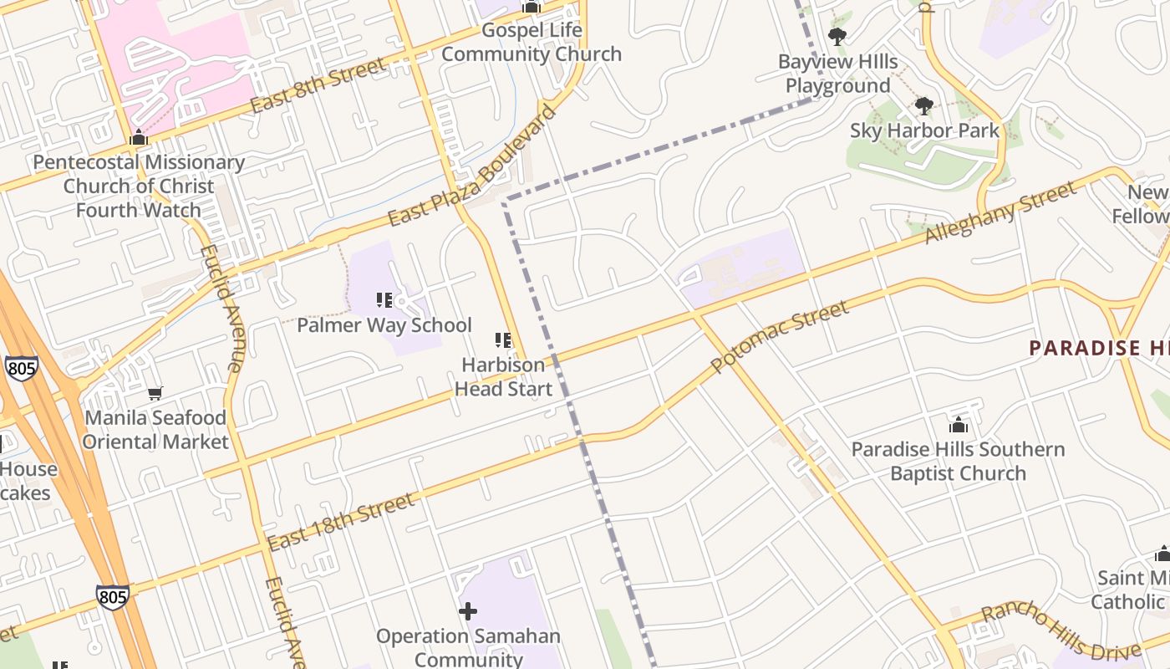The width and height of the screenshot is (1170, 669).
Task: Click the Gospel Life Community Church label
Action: (x=532, y=43)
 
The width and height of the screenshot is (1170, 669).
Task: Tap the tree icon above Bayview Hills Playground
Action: (x=837, y=36)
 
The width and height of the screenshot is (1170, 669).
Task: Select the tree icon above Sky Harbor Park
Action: (x=923, y=105)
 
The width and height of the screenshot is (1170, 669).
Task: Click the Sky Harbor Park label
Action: (x=924, y=130)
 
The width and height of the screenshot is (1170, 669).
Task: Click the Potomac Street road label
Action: (x=779, y=337)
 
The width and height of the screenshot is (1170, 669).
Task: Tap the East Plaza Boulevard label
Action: (x=471, y=166)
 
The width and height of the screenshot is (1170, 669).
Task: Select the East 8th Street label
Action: (x=318, y=84)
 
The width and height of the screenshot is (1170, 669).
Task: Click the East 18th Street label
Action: (x=341, y=522)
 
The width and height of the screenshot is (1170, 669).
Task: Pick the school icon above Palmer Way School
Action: (x=384, y=299)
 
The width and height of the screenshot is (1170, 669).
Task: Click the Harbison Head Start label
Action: (x=503, y=376)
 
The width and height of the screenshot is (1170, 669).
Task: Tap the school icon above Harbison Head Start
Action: (x=503, y=340)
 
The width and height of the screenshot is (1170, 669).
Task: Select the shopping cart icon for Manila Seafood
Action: (x=155, y=392)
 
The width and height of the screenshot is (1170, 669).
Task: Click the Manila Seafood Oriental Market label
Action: (x=155, y=429)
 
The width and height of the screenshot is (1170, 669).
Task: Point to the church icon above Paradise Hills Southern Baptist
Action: (x=958, y=425)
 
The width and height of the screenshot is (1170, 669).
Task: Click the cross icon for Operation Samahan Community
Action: (x=468, y=611)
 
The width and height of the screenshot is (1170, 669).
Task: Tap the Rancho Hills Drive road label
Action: (x=1061, y=632)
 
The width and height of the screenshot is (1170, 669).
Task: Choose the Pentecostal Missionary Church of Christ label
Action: (x=139, y=186)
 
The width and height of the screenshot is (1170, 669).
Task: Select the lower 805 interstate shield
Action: (x=112, y=596)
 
